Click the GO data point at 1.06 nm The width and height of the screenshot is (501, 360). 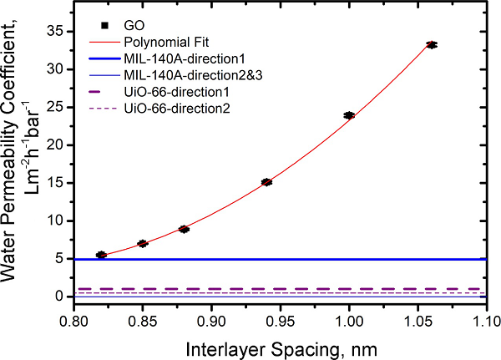(x=432, y=44)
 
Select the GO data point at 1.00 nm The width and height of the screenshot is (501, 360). (x=349, y=115)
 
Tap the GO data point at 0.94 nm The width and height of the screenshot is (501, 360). (x=266, y=182)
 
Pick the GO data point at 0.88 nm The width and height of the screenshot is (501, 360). (x=184, y=229)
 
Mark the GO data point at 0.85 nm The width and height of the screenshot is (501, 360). (x=143, y=244)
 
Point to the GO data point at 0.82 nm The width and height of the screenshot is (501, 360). (x=101, y=255)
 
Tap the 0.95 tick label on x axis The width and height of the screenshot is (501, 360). (x=211, y=322)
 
